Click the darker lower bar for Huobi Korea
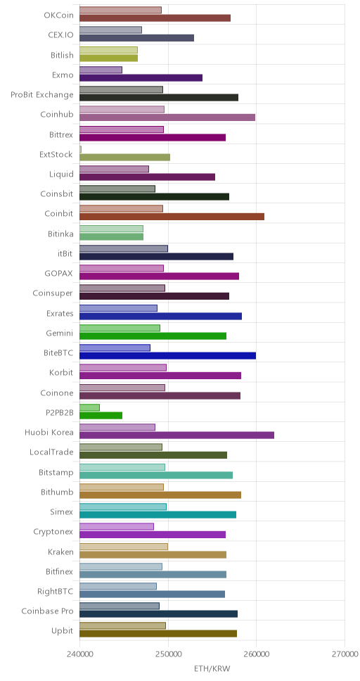click(176, 435)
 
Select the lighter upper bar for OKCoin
click(120, 10)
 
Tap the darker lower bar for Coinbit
click(172, 216)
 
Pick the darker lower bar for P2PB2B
click(101, 415)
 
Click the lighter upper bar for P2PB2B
click(89, 407)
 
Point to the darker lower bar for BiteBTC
click(167, 356)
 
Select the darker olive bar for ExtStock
click(124, 157)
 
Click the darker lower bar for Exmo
click(141, 78)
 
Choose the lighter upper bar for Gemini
click(120, 328)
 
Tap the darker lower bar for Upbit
click(158, 634)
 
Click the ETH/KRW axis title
click(212, 668)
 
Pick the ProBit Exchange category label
click(42, 95)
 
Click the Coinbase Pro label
click(47, 611)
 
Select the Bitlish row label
click(62, 55)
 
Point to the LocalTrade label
click(51, 452)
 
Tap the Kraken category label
click(60, 552)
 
